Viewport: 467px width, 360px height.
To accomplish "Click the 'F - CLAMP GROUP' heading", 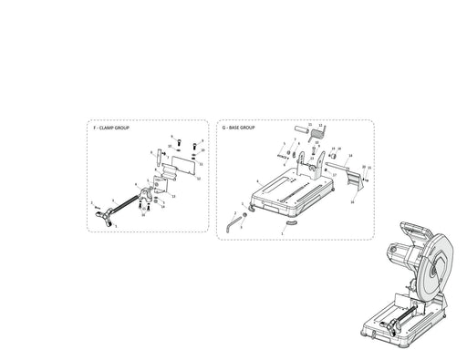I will tap(111, 129).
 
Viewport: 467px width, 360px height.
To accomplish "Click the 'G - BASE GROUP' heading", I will tap(240, 129).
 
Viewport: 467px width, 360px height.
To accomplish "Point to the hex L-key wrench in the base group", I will tap(233, 219).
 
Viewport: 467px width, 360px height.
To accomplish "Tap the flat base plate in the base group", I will tap(292, 193).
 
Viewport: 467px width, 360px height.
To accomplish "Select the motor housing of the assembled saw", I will tap(401, 256).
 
